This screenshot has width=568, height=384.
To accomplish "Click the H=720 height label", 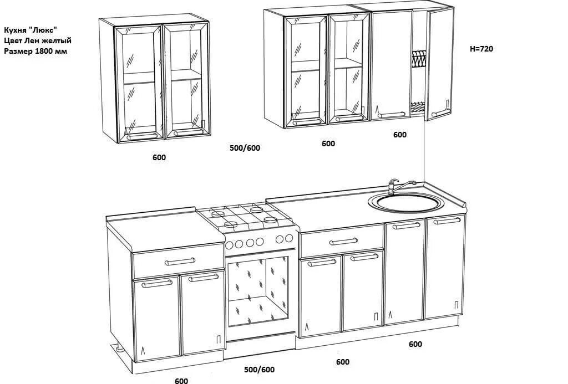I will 481,49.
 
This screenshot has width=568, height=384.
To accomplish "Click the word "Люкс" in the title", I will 44,30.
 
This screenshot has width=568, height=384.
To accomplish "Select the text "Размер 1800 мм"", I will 37,51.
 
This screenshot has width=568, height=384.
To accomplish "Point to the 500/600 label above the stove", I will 245,148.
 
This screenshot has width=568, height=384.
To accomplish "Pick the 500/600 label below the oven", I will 259,370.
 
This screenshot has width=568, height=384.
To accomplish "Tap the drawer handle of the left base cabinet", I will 180,261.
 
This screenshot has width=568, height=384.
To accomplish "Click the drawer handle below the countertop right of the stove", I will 343,242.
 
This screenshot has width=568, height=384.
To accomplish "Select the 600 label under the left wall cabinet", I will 159,157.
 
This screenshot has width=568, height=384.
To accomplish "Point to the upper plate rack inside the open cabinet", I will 419,58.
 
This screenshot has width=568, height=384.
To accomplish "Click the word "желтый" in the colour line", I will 58,40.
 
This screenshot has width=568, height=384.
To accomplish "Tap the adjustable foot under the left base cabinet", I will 119,349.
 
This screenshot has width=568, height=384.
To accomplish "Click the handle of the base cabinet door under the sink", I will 407,226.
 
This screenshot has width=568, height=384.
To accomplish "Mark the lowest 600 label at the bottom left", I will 181,381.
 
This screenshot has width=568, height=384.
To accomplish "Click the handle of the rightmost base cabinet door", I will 447,221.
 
